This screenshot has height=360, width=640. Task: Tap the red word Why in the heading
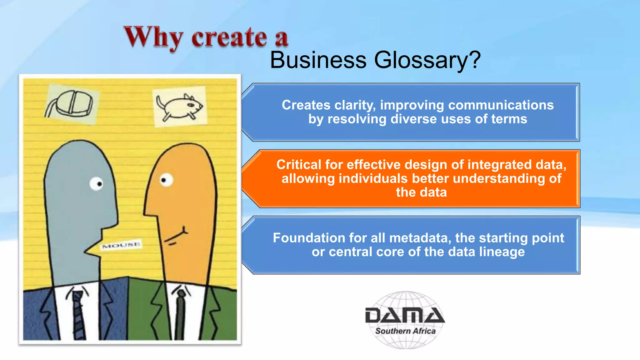[153, 38]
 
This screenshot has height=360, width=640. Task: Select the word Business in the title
[318, 60]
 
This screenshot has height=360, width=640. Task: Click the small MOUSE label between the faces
[121, 245]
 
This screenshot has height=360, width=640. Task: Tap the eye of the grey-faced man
[96, 183]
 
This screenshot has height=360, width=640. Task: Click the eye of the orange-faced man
[166, 180]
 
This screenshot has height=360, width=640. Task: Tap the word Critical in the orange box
[299, 165]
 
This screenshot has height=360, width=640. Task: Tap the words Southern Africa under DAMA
[405, 331]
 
